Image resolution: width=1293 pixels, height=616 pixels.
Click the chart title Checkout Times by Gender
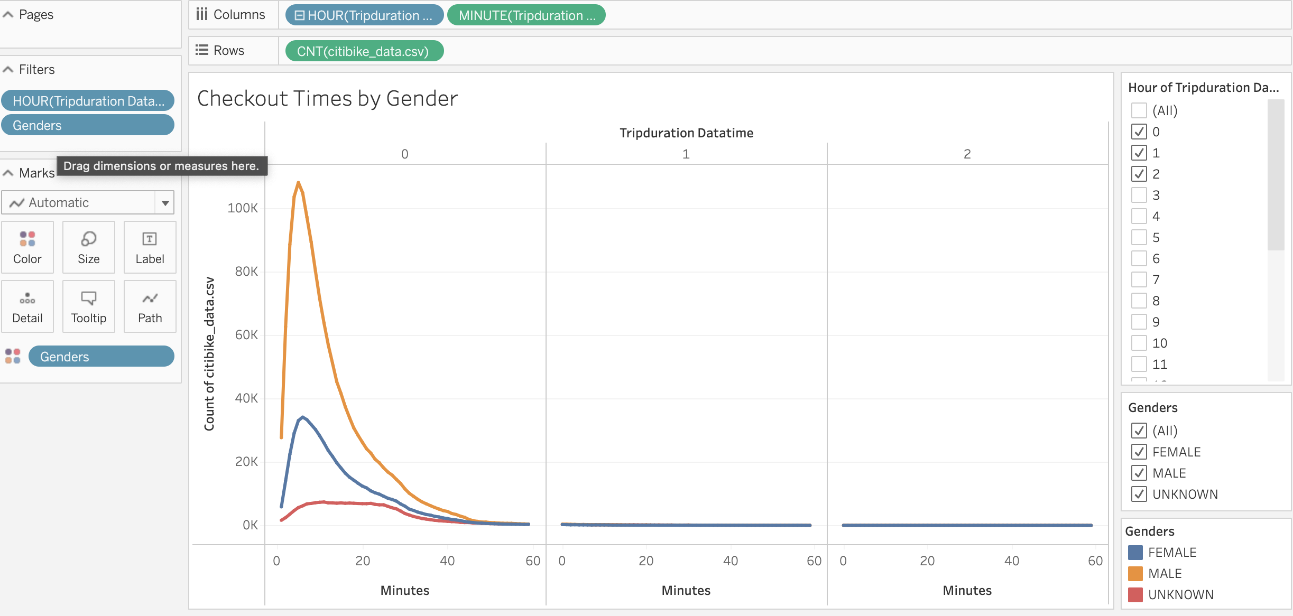[x=327, y=99]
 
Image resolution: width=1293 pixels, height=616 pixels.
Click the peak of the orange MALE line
[x=299, y=183]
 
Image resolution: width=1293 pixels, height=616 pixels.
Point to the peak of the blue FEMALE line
[x=302, y=417]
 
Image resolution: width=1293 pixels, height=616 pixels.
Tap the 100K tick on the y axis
[x=243, y=208]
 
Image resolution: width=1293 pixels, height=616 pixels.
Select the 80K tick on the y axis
[x=246, y=272]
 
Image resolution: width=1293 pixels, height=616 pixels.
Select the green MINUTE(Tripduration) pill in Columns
[x=526, y=15]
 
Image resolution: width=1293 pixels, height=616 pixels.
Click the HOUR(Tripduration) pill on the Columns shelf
[x=364, y=15]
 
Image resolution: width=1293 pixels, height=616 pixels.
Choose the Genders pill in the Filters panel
[x=88, y=125]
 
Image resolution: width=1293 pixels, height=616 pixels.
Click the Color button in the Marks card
[x=27, y=247]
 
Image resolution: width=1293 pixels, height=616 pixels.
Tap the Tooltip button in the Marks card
[x=89, y=306]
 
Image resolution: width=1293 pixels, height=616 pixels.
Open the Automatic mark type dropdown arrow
[x=165, y=203]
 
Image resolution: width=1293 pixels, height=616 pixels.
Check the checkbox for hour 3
[x=1139, y=195]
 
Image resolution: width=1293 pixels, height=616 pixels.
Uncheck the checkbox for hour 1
[x=1139, y=153]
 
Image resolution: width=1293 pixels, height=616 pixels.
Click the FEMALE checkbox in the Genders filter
[x=1139, y=452]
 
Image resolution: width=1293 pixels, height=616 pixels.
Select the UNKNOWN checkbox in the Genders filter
[x=1139, y=494]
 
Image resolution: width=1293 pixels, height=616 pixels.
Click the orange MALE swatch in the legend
[x=1135, y=573]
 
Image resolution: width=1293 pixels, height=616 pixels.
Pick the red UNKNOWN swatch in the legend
[x=1135, y=594]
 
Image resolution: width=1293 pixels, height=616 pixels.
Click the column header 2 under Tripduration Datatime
[x=967, y=154]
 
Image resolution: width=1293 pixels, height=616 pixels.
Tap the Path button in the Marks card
[x=150, y=306]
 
